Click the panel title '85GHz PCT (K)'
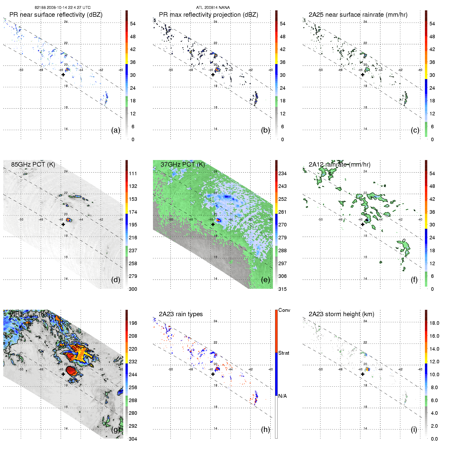(x=33, y=164)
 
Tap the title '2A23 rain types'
(x=181, y=314)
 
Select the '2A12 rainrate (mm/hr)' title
(x=339, y=164)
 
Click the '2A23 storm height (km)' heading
(x=341, y=314)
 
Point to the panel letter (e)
(x=265, y=280)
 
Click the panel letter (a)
(x=116, y=130)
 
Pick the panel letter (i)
(x=414, y=429)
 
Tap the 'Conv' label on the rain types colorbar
(x=284, y=310)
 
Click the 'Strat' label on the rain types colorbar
(x=284, y=353)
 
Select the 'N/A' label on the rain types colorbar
(x=282, y=396)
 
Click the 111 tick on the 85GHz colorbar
(x=133, y=173)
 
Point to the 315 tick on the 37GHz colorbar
(x=282, y=289)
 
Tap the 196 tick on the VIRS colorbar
(x=133, y=323)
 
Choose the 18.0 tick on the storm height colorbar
(x=434, y=323)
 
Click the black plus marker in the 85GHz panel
(x=63, y=224)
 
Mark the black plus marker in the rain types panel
(x=213, y=374)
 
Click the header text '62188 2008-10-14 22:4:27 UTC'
(x=63, y=8)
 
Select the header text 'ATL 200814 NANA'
(x=213, y=8)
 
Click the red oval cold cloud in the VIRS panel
(x=71, y=371)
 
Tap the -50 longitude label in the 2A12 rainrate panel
(x=320, y=220)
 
